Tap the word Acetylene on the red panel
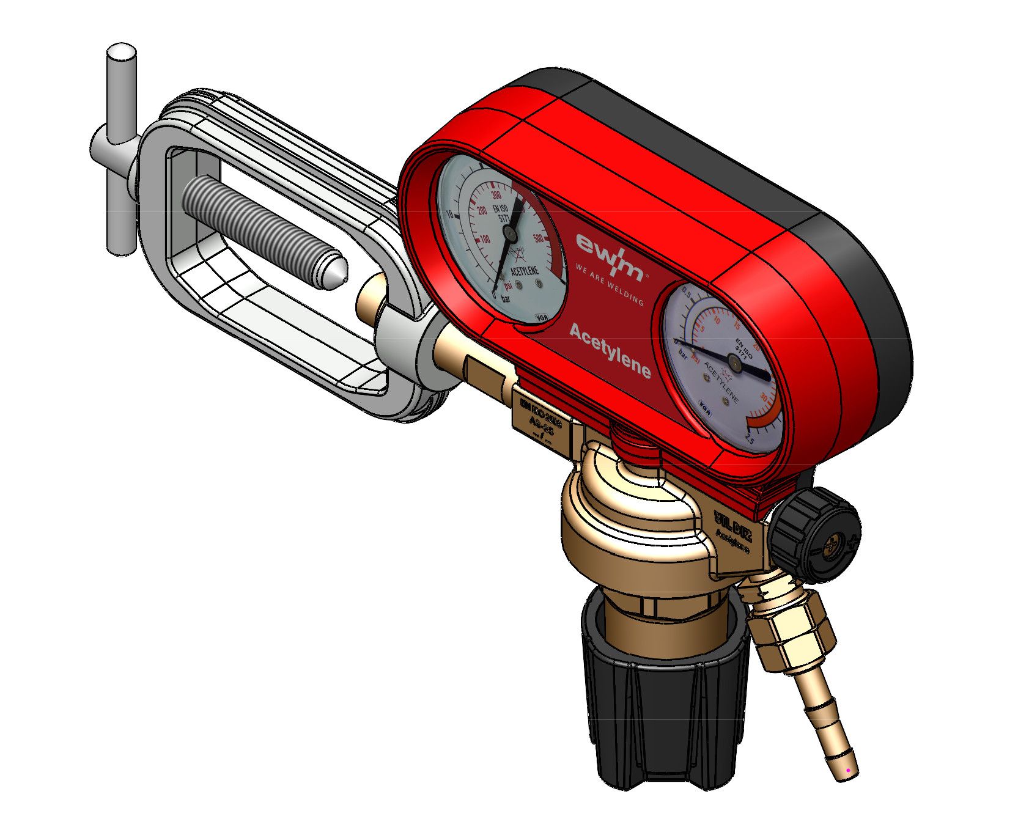(610, 351)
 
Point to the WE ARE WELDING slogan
(609, 284)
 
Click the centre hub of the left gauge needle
(509, 232)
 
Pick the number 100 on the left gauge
(484, 239)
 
